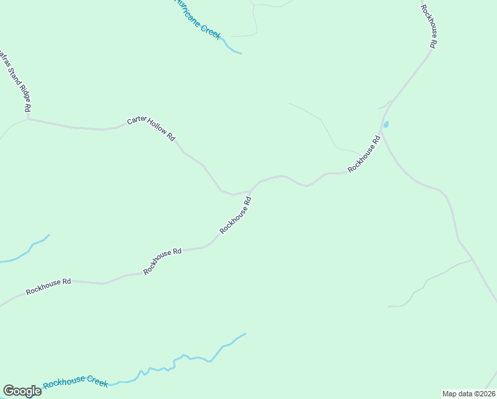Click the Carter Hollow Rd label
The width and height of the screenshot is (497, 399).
(151, 129)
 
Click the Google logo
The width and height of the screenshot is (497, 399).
(22, 391)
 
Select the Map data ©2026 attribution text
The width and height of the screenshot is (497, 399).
(468, 393)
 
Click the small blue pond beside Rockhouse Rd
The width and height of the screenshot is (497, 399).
(386, 124)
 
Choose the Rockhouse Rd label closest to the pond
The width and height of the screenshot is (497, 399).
(363, 154)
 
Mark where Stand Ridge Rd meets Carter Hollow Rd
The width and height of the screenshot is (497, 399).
(28, 119)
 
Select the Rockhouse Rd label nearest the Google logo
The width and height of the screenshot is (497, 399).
(48, 287)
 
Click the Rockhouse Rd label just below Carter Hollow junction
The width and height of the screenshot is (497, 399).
(236, 214)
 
